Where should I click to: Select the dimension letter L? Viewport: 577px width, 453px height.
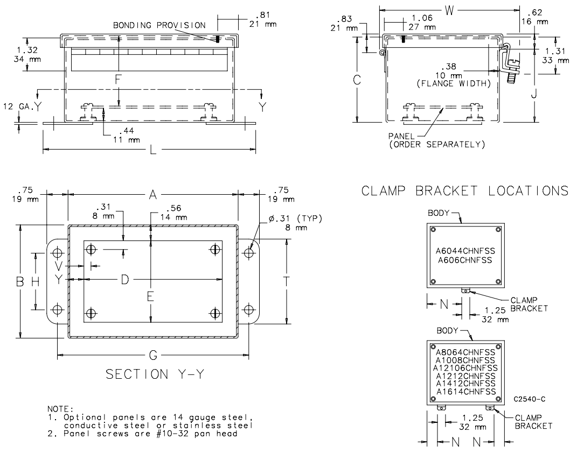pos(152,148)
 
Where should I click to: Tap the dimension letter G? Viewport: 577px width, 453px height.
pos(152,356)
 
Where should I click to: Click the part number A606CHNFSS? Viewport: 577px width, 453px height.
pos(465,260)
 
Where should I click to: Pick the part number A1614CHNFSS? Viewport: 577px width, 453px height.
pos(465,391)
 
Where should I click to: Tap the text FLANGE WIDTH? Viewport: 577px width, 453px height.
pos(462,84)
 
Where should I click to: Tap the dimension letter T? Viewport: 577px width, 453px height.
pos(287,281)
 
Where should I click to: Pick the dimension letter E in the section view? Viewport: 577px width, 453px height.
pos(151,295)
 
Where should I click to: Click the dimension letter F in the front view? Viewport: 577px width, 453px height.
pos(119,79)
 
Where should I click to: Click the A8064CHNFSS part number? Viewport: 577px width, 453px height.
pos(465,352)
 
